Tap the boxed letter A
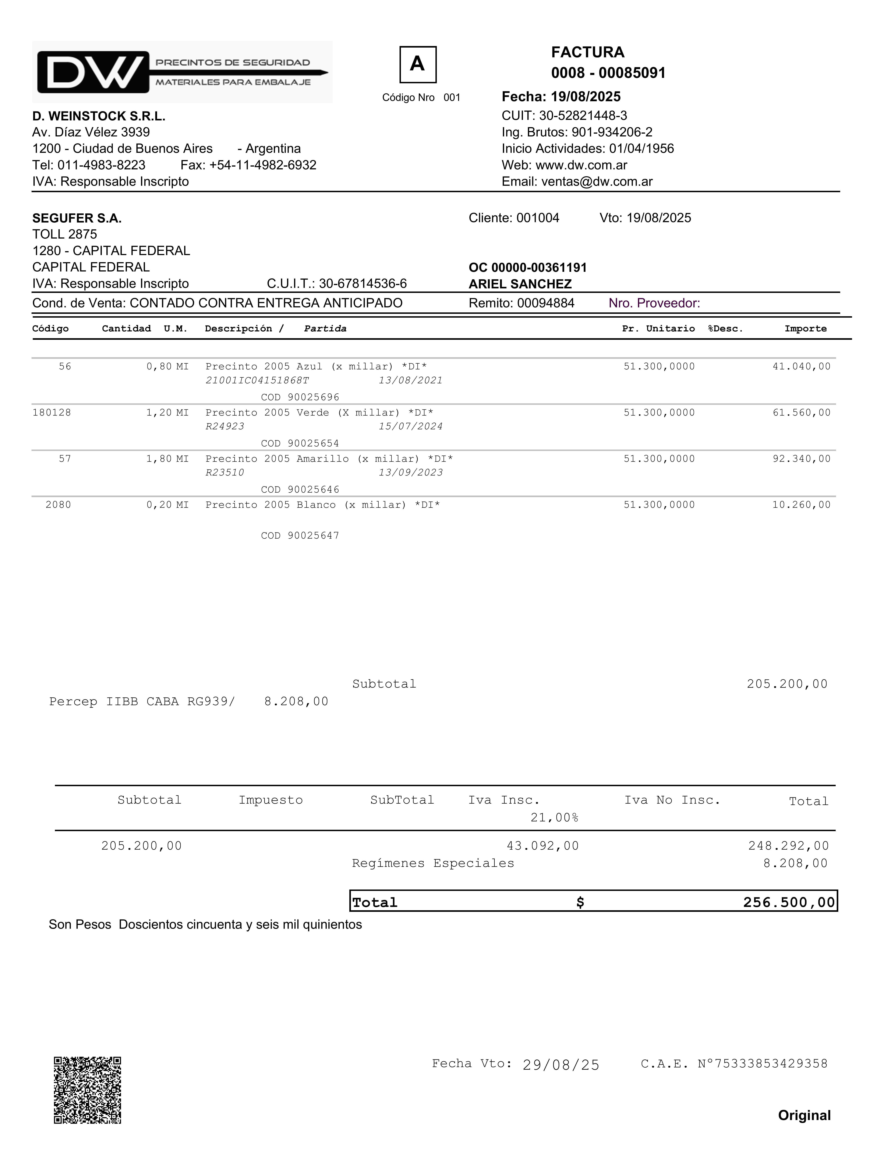(418, 64)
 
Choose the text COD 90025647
(300, 535)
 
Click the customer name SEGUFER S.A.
(77, 218)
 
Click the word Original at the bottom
(804, 1115)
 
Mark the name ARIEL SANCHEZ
(520, 284)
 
